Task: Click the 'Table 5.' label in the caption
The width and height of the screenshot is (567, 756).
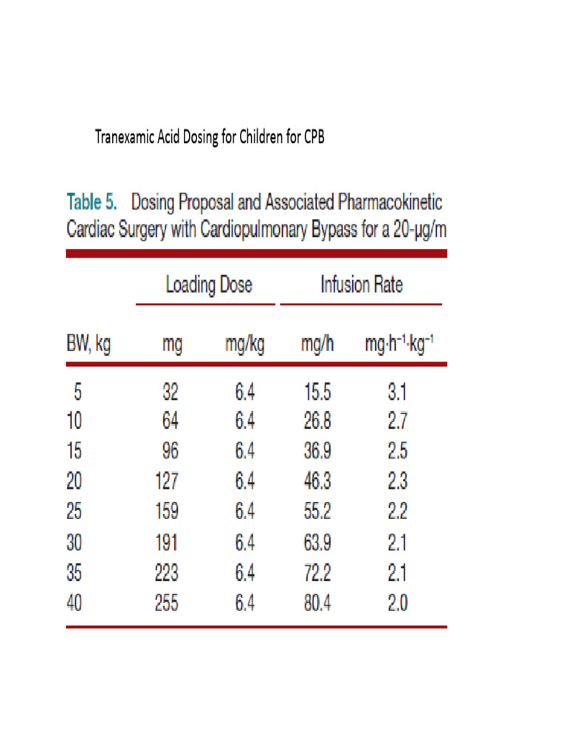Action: coord(92,202)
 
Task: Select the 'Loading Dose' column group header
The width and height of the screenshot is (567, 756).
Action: coord(208,285)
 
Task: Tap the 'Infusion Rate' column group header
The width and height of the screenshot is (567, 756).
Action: coord(361,285)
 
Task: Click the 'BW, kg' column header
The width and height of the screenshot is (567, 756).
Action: coord(89,344)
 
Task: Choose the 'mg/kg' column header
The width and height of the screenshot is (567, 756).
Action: coord(245,344)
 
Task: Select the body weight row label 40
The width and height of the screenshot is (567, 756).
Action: coord(75,603)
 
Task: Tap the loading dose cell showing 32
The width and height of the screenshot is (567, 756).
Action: coord(171,391)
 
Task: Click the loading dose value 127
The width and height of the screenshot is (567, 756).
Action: coord(166,482)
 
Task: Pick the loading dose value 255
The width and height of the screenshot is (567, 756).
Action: coord(166,603)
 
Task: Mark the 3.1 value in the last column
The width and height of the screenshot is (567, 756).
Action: coord(397,391)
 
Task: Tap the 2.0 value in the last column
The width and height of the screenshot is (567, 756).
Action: coord(397,603)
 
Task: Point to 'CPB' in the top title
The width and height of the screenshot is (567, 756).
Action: coord(314,137)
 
